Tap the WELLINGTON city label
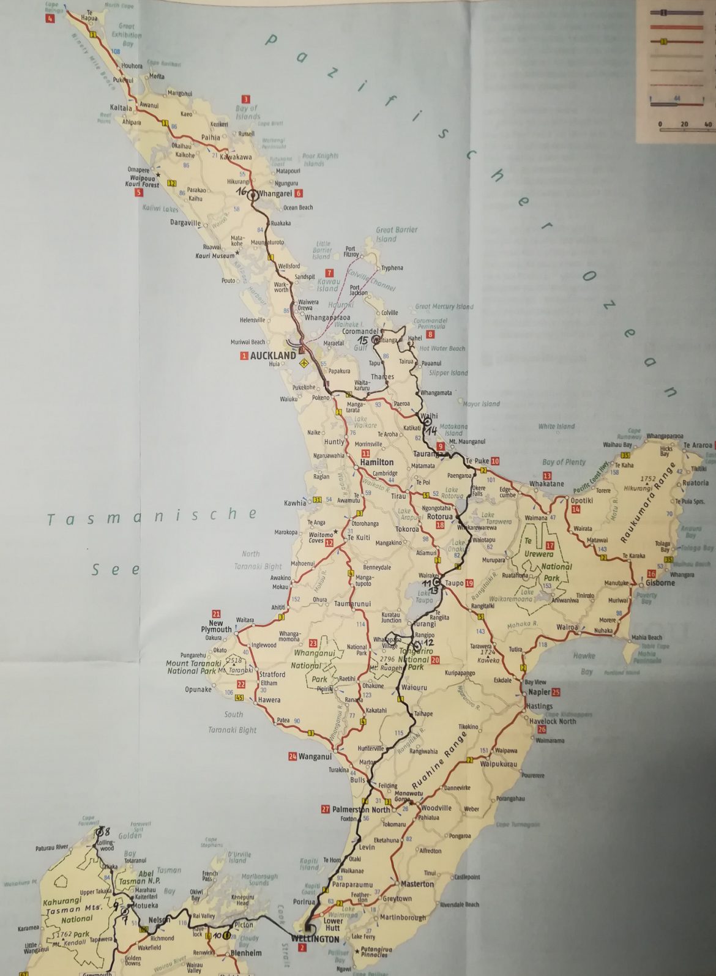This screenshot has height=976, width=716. click(315, 939)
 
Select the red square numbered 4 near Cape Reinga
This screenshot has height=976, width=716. click(50, 18)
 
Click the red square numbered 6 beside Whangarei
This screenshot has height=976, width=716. click(299, 193)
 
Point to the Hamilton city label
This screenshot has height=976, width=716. click(377, 463)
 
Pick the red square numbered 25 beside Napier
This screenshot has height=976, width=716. click(556, 692)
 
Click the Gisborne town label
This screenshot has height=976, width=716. click(660, 583)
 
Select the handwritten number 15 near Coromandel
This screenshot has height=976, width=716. click(364, 340)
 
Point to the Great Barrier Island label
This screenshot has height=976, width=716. click(397, 234)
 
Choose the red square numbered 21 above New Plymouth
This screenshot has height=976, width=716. click(216, 614)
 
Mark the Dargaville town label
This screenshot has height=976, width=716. click(185, 223)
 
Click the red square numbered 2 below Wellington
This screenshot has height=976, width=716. click(301, 948)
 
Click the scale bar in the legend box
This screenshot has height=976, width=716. click(684, 129)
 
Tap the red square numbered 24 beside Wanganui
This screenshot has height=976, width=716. click(293, 756)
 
